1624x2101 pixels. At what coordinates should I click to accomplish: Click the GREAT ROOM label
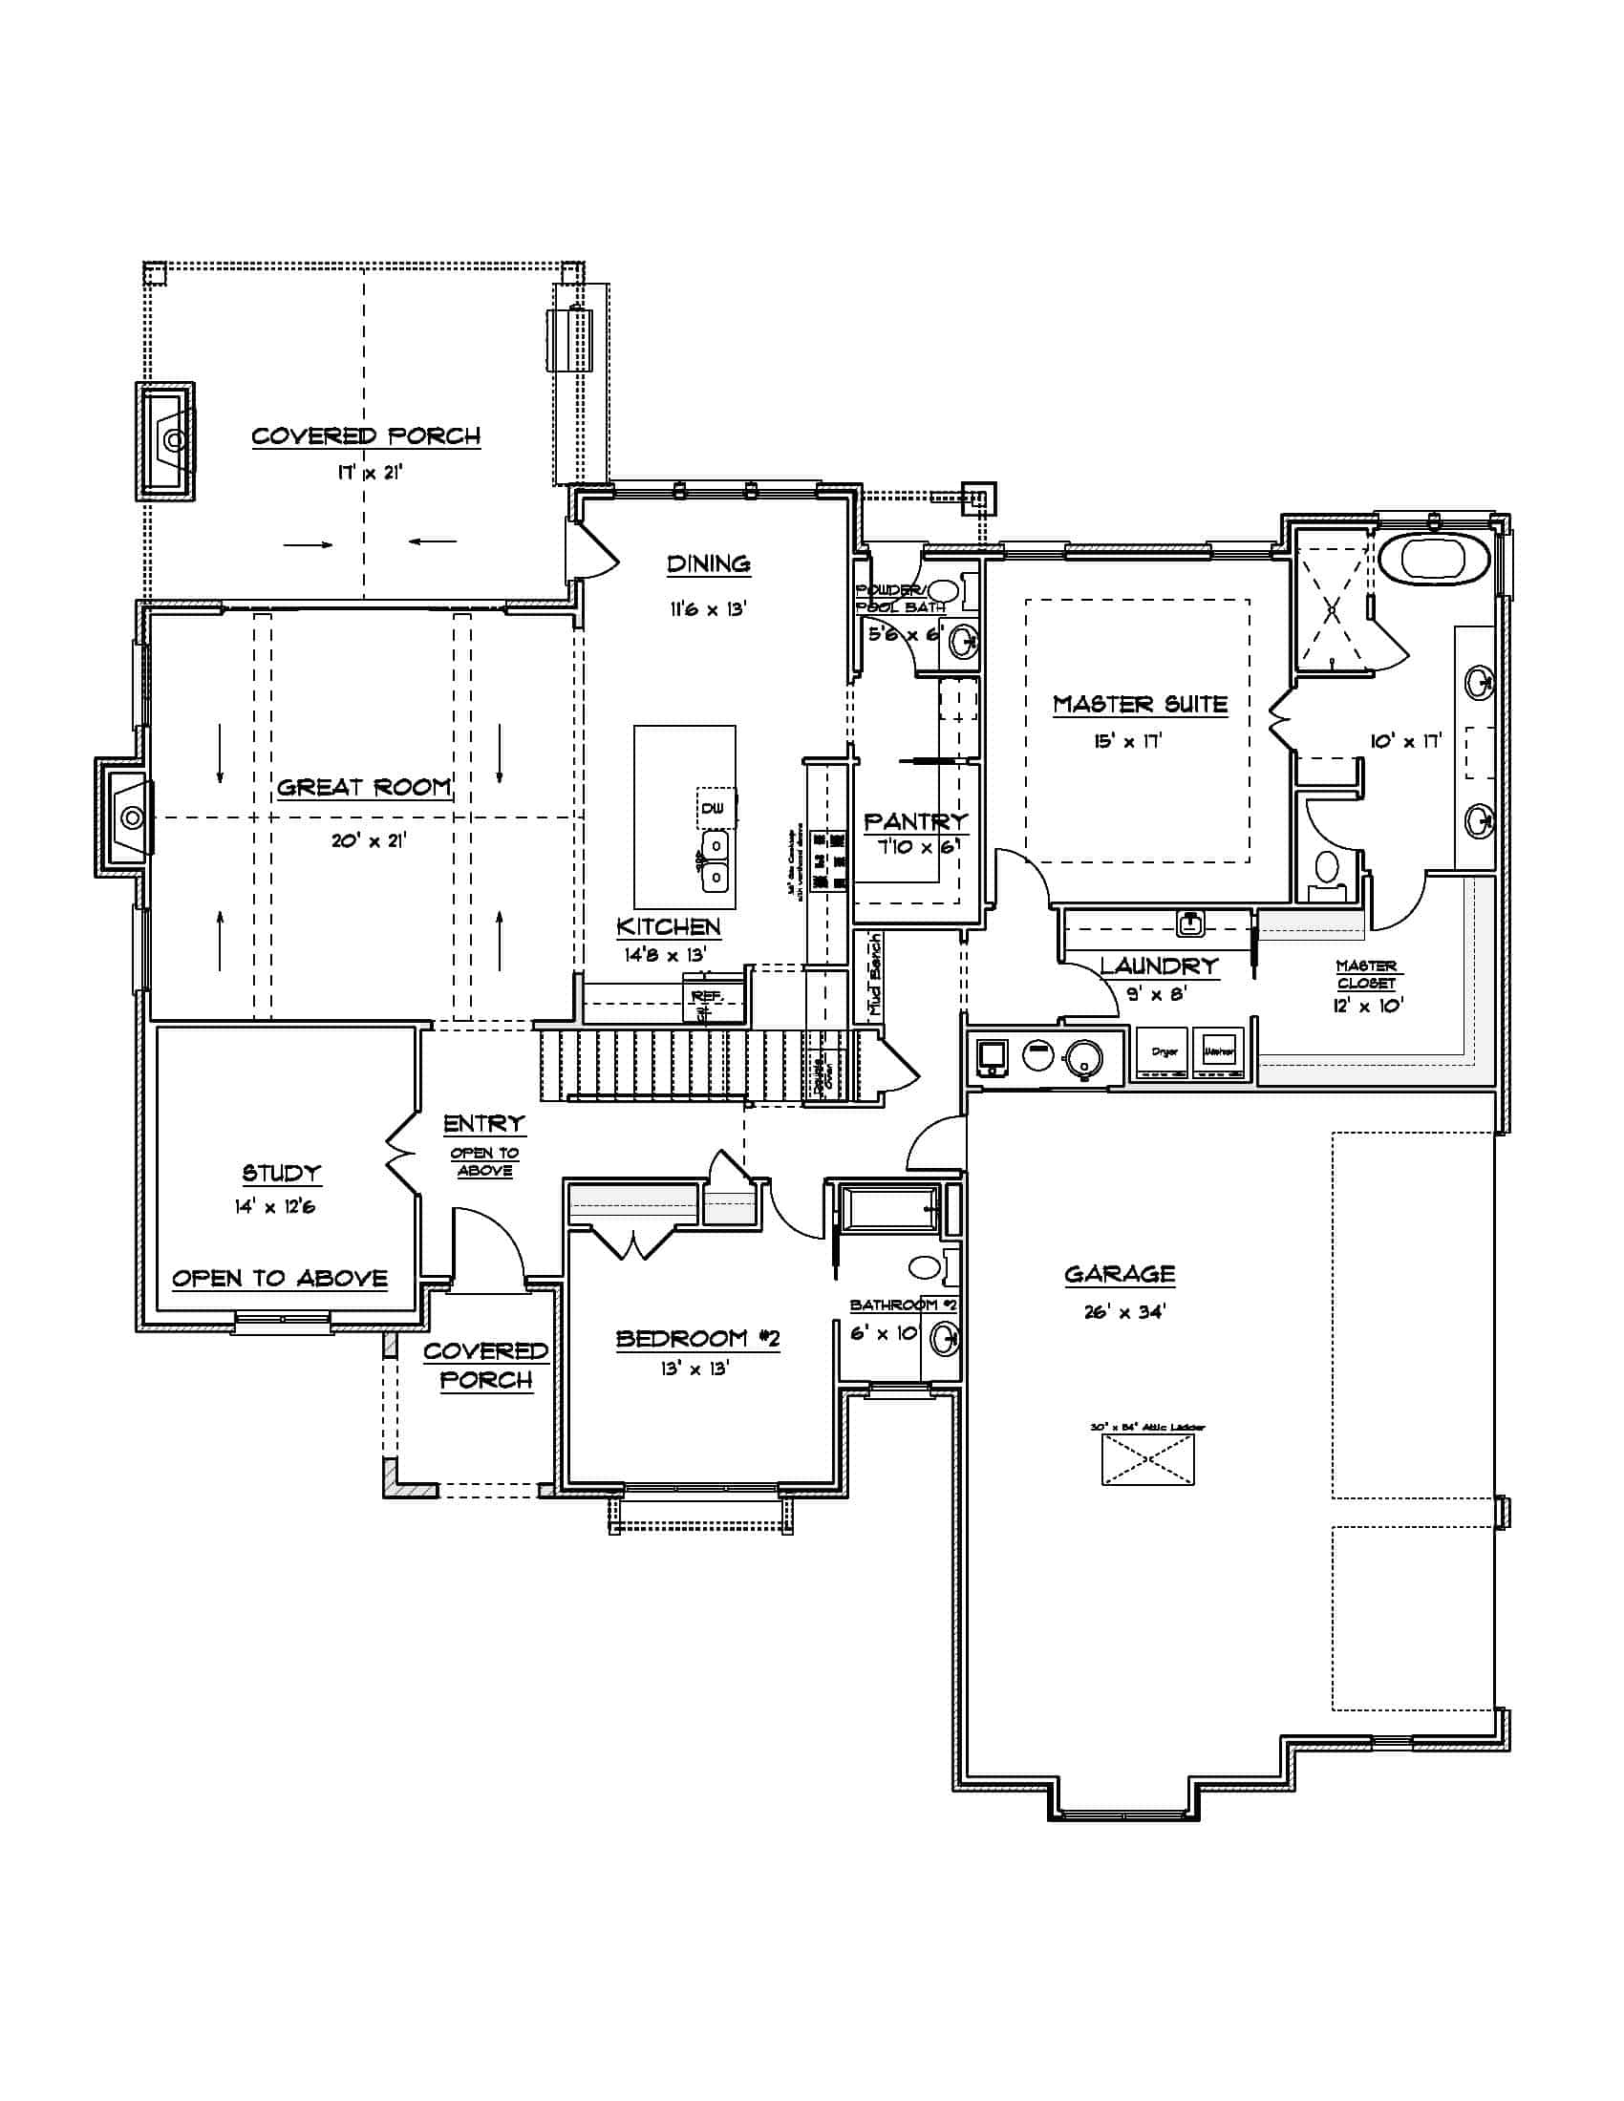point(364,787)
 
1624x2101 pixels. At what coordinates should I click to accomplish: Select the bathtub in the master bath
point(1435,558)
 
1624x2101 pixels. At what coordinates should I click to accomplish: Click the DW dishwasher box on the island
point(714,808)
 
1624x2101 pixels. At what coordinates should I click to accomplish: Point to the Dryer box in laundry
point(1165,1052)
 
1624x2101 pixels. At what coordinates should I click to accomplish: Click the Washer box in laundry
point(1218,1052)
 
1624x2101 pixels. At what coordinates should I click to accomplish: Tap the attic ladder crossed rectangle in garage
point(1147,1459)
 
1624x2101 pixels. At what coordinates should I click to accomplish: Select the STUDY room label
point(281,1173)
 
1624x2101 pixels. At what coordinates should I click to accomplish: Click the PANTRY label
point(915,821)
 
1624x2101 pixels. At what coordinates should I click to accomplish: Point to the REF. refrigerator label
point(707,996)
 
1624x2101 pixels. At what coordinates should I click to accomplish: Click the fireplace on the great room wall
point(129,817)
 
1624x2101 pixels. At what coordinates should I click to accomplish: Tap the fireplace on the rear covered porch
point(169,440)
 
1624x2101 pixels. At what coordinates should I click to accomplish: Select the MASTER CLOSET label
point(1366,973)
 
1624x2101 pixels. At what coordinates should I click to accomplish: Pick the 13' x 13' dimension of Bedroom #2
point(694,1368)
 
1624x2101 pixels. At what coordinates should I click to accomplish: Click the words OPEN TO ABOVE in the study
point(280,1279)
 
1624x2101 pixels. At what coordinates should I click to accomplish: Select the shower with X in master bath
point(1332,609)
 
